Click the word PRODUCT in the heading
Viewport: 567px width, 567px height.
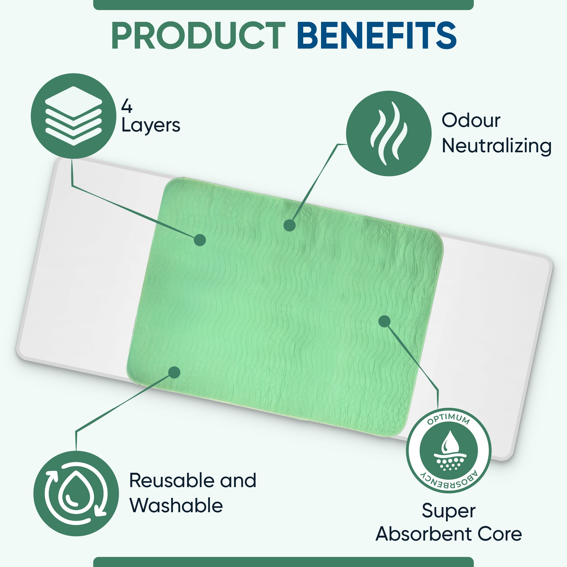pyautogui.click(x=198, y=36)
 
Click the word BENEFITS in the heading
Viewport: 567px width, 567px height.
pyautogui.click(x=377, y=36)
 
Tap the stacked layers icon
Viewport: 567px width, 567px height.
pyautogui.click(x=73, y=116)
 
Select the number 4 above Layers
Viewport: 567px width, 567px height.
pyautogui.click(x=127, y=106)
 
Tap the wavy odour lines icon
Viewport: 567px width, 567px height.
pyautogui.click(x=389, y=134)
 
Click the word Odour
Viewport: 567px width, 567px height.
pyautogui.click(x=471, y=120)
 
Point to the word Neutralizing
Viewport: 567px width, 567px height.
pyautogui.click(x=497, y=146)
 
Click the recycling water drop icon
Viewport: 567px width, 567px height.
pyautogui.click(x=76, y=493)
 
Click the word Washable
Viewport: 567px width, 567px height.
pyautogui.click(x=176, y=505)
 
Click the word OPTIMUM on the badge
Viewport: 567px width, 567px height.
pyautogui.click(x=449, y=419)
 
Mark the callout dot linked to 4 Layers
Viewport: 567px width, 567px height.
pyautogui.click(x=200, y=240)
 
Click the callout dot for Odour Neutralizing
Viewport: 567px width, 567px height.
pyautogui.click(x=290, y=225)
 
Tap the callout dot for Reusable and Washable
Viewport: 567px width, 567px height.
pyautogui.click(x=174, y=372)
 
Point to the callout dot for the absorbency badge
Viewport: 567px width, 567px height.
pyautogui.click(x=384, y=321)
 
